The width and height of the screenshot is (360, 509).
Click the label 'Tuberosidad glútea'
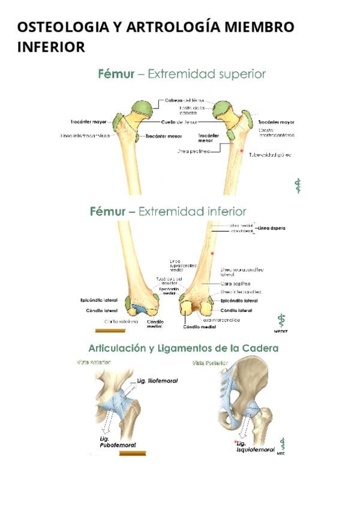270,155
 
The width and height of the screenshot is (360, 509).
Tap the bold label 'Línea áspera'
271,228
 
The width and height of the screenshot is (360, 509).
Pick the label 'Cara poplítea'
235,283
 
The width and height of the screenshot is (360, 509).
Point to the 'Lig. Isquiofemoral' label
255,445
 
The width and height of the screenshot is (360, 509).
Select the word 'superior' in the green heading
241,74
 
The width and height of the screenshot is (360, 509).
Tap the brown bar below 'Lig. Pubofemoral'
133,453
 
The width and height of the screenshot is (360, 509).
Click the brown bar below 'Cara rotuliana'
110,330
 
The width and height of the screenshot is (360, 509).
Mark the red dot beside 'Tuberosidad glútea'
242,149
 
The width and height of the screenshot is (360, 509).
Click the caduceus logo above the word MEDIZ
281,319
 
